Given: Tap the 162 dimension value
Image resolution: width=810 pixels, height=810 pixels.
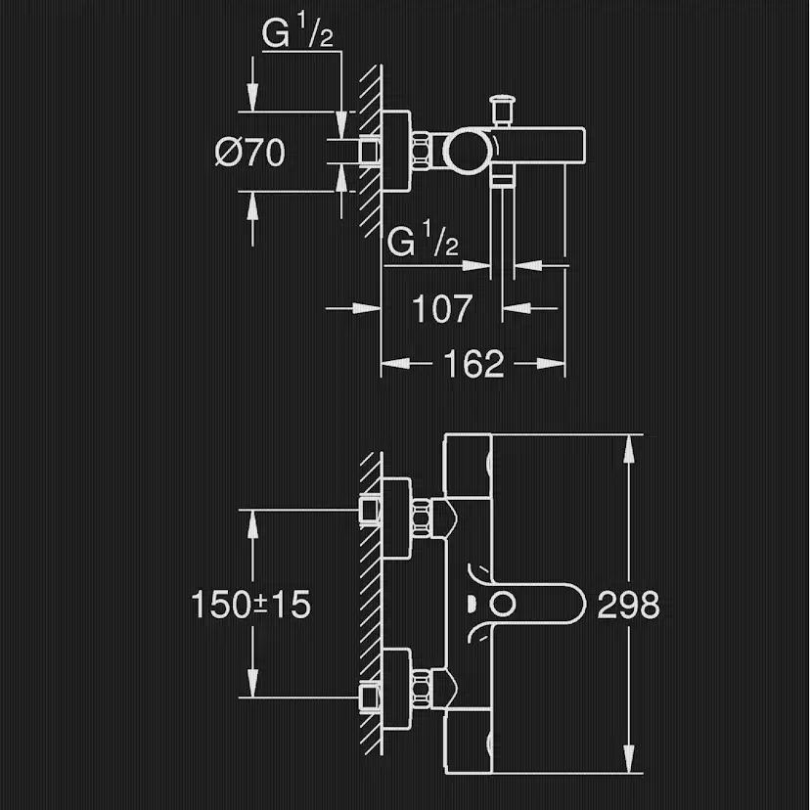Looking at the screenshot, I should pos(473,364).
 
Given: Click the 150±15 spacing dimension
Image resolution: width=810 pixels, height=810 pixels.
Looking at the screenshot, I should pos(250,605).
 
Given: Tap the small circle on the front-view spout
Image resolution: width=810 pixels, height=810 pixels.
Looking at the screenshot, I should pos(506,604).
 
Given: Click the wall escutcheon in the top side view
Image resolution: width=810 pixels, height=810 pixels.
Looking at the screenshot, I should pos(396,152).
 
